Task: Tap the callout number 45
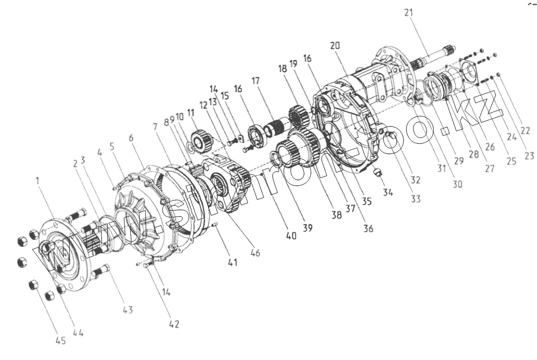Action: point(61,342)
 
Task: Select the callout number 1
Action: point(38,181)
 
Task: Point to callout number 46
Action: point(255,254)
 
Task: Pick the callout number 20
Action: point(335,46)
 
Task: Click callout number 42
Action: point(174,324)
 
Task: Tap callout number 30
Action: point(457,184)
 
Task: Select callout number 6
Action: point(131,138)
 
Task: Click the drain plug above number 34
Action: point(378,174)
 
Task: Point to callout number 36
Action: point(368,229)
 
